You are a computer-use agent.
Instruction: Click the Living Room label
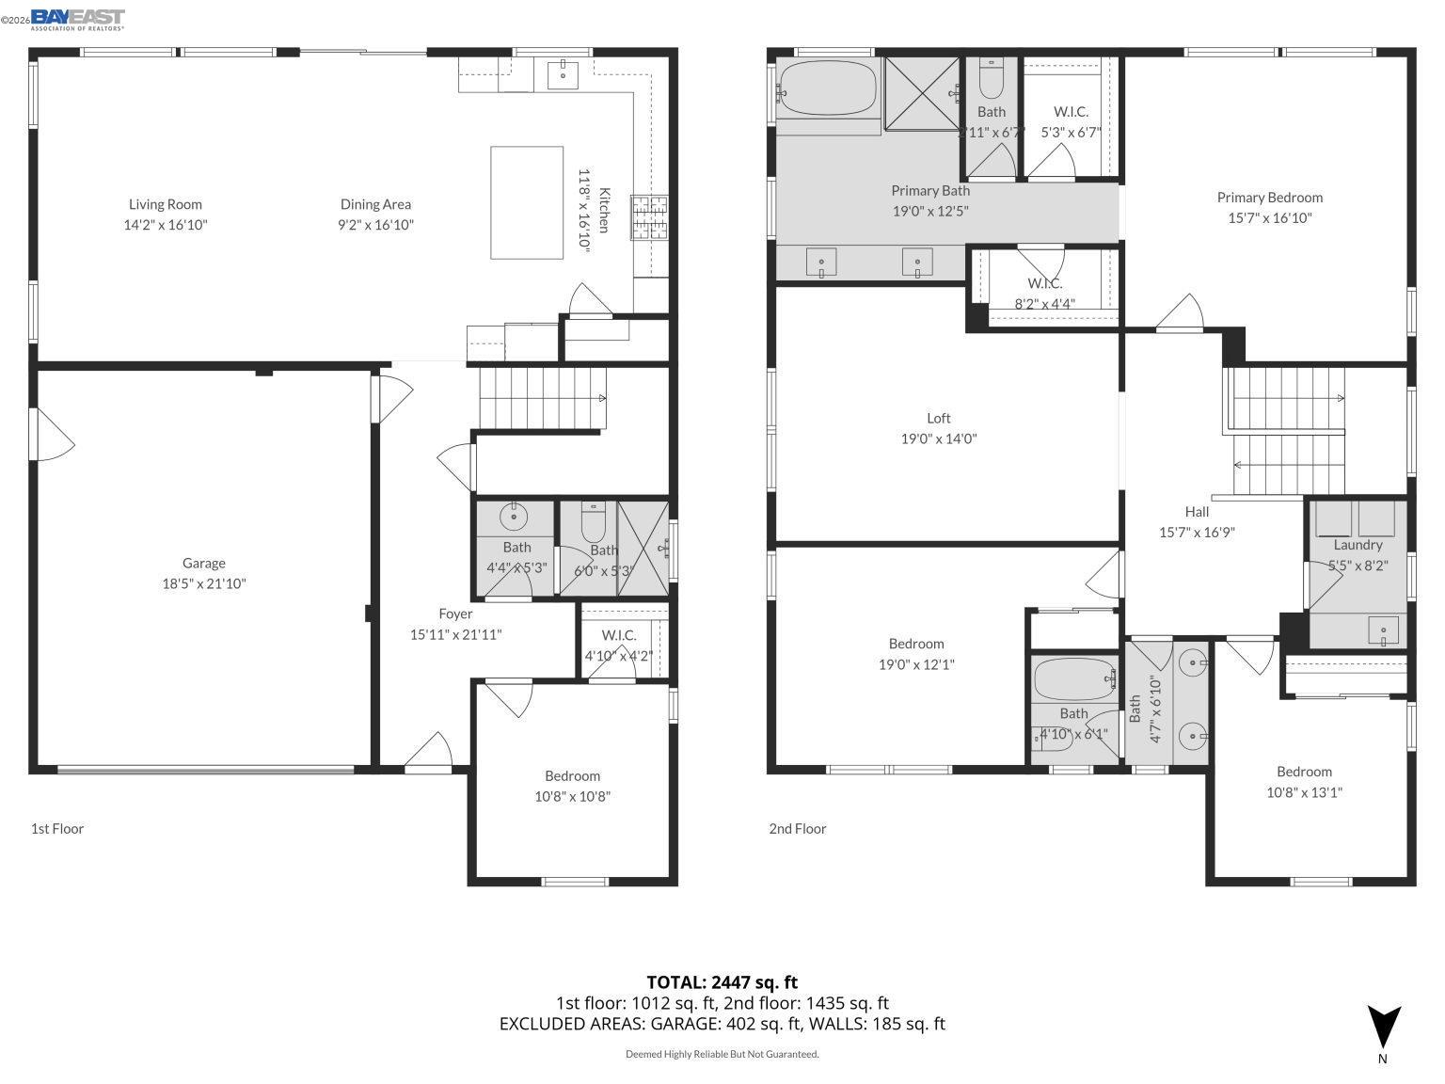click(x=166, y=204)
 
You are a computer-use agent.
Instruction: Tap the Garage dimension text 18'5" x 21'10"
click(x=204, y=583)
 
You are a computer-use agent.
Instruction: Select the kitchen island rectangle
click(x=527, y=202)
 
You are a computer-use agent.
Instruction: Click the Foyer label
click(x=455, y=614)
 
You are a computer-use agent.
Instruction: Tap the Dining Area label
click(x=375, y=204)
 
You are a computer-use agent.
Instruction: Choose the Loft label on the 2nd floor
click(x=938, y=418)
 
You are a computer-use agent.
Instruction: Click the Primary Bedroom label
click(x=1269, y=198)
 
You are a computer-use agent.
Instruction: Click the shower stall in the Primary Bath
click(x=923, y=93)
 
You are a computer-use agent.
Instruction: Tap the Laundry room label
click(x=1358, y=545)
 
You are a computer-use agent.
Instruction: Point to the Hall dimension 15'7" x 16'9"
click(x=1196, y=532)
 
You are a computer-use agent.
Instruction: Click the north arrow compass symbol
click(x=1383, y=1028)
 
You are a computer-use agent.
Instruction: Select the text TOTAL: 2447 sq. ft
click(x=722, y=982)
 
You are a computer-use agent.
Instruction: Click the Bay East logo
click(x=77, y=18)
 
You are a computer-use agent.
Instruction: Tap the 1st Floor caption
click(x=57, y=828)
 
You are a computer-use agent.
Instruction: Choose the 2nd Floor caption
click(x=797, y=828)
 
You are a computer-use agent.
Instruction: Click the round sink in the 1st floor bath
click(x=514, y=516)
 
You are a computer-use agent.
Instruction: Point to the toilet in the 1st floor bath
click(x=594, y=518)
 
